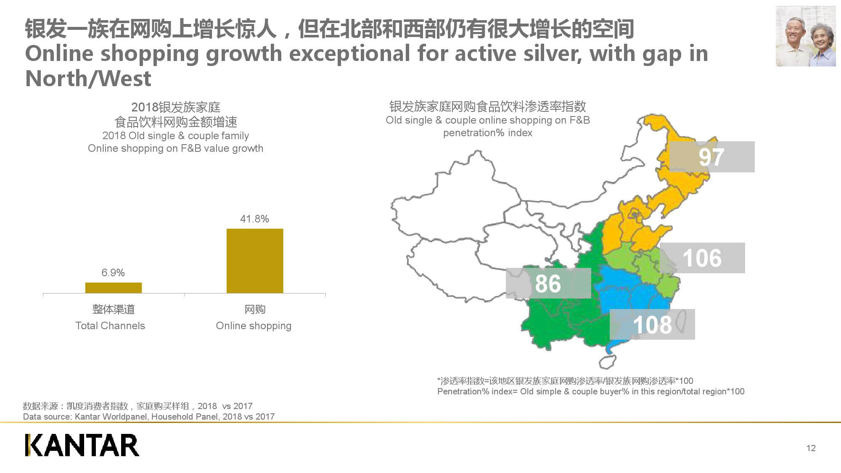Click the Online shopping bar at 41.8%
[255, 261]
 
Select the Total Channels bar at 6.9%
[114, 288]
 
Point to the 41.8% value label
[254, 219]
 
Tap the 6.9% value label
[113, 272]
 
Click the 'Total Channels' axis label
[110, 325]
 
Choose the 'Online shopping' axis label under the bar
[254, 325]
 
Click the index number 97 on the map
[711, 157]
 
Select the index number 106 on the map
[702, 258]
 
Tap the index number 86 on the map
[548, 283]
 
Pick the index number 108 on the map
[652, 325]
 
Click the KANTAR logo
[82, 445]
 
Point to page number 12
[811, 448]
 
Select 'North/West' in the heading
[88, 79]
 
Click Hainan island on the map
[607, 361]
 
